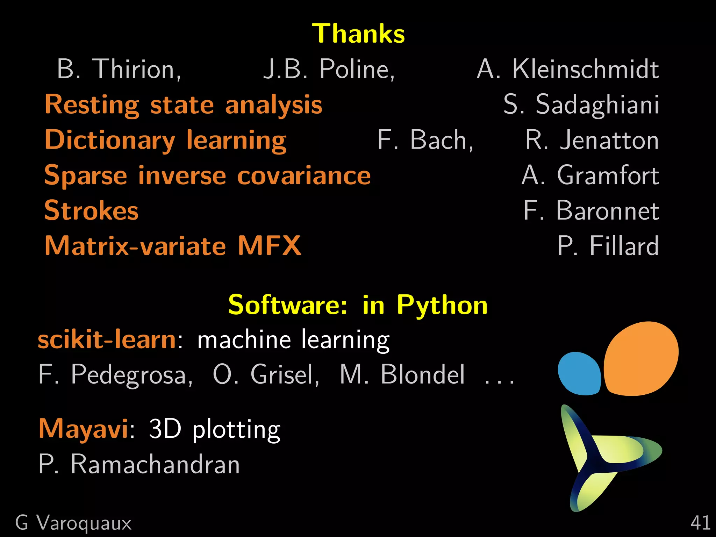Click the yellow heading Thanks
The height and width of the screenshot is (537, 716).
click(x=358, y=34)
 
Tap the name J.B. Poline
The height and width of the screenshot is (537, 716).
click(x=329, y=69)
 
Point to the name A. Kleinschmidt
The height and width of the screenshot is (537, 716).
click(x=568, y=69)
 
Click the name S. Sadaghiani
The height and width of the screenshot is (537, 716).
click(x=581, y=105)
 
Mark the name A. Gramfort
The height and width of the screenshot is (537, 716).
click(x=590, y=176)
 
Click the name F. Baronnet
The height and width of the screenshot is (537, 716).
click(x=591, y=211)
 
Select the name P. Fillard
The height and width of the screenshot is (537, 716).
click(x=608, y=246)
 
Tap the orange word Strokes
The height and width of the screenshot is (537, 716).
click(x=92, y=211)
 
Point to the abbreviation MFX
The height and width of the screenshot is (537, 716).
click(x=269, y=246)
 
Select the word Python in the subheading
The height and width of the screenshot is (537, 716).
click(x=442, y=305)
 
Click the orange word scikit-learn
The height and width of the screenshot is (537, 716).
click(x=107, y=339)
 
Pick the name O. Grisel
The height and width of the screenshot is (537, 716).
click(x=266, y=375)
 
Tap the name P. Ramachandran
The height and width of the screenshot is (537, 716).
click(x=139, y=464)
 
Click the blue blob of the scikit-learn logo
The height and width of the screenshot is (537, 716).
click(x=579, y=374)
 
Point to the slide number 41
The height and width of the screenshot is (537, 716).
click(x=700, y=523)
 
